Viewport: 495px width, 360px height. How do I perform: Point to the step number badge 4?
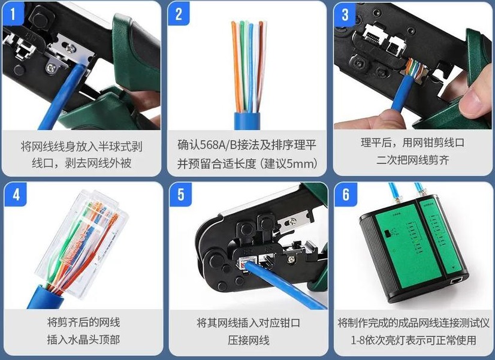point(16,195)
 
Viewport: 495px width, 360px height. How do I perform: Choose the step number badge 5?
point(180,195)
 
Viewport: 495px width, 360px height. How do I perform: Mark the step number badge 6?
point(346,195)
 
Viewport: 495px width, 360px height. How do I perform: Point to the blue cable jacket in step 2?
point(247,120)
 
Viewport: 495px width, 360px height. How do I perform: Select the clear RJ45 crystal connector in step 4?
point(83,240)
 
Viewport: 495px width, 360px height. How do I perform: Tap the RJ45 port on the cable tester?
point(456,280)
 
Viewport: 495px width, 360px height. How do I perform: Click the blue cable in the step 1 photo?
point(60,98)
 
